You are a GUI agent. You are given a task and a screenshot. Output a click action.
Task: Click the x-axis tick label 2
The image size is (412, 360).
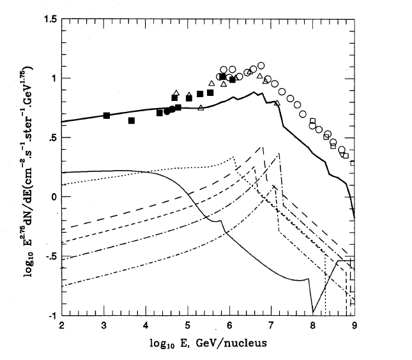tap(62, 325)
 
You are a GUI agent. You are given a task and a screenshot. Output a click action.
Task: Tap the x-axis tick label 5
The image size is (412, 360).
tap(187, 325)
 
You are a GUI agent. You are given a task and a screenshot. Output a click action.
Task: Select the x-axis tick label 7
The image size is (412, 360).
tap(271, 325)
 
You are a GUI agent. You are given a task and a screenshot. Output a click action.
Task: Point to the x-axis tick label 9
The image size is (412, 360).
tap(354, 325)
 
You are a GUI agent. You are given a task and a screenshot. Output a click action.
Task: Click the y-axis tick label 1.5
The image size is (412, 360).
tap(49, 19)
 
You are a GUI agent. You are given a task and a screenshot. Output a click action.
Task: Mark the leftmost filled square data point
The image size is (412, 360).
tap(107, 116)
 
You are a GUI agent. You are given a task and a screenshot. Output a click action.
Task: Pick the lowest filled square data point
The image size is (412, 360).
tap(132, 120)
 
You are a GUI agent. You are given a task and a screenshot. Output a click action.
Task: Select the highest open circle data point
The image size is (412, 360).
tap(261, 65)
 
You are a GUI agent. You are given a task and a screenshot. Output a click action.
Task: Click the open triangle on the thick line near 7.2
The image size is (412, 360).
tap(277, 102)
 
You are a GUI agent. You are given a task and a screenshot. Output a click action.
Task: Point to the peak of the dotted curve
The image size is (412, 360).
tap(233, 157)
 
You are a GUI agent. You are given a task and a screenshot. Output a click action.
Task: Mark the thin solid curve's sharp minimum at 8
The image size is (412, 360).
tap(313, 311)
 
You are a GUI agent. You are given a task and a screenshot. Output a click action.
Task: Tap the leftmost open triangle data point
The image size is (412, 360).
tap(176, 93)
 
